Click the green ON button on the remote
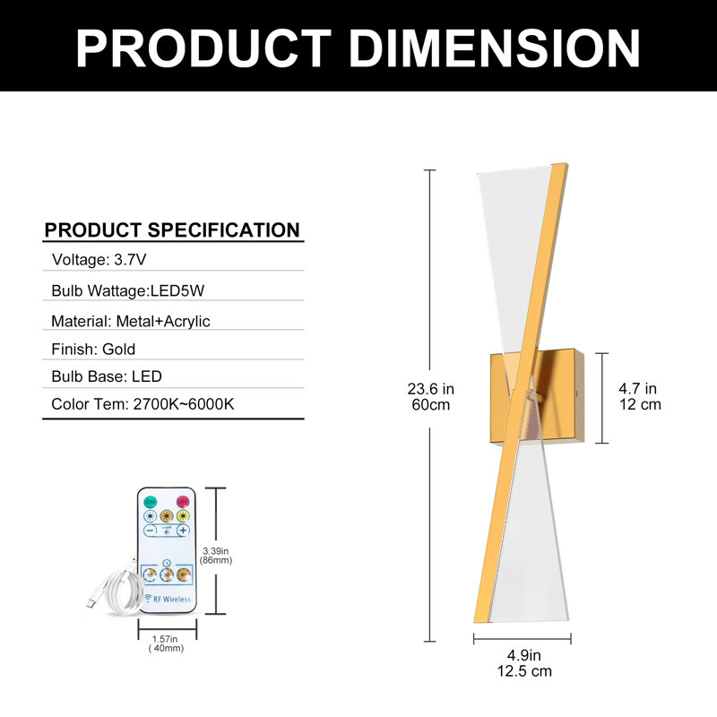pyautogui.click(x=150, y=502)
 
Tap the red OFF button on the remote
pyautogui.click(x=183, y=502)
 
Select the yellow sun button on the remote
pyautogui.click(x=183, y=516)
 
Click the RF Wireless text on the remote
pyautogui.click(x=168, y=599)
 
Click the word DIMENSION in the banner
pyautogui.click(x=495, y=48)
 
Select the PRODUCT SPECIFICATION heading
pyautogui.click(x=172, y=230)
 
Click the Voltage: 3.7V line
pyautogui.click(x=99, y=260)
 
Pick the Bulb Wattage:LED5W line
pyautogui.click(x=127, y=290)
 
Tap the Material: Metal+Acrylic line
pyautogui.click(x=130, y=321)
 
